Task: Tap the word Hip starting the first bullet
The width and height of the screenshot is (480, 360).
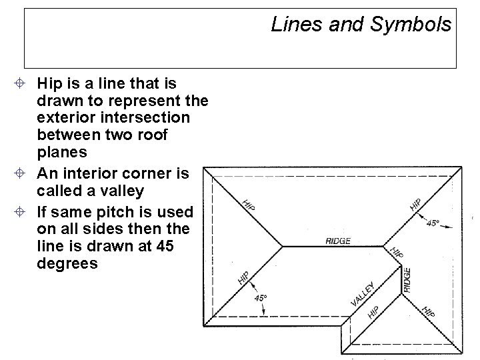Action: [x=49, y=84]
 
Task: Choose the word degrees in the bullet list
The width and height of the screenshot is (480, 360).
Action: [x=68, y=264]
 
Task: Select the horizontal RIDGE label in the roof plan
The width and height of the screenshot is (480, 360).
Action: [x=339, y=241]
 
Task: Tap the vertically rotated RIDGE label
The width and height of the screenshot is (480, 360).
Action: [x=407, y=279]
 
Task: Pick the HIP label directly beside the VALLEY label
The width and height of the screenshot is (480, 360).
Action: [x=374, y=311]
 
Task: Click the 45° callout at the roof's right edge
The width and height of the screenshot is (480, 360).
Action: [x=433, y=224]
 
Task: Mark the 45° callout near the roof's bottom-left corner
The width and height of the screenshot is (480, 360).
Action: [x=260, y=297]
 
